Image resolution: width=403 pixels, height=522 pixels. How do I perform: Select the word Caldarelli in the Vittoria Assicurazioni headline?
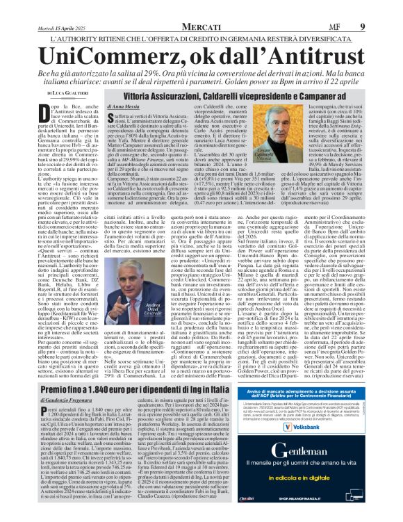click(230, 92)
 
